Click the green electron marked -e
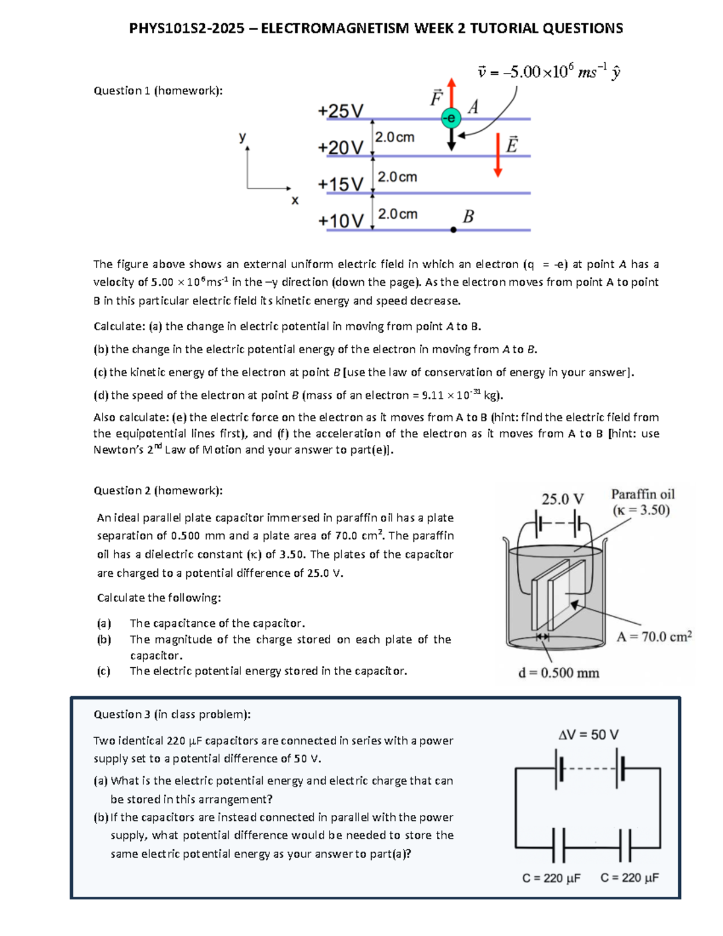click(451, 118)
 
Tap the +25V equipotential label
click(341, 111)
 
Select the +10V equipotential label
click(341, 221)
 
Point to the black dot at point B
click(453, 230)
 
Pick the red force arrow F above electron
click(451, 93)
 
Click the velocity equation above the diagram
click(548, 72)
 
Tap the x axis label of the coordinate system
click(295, 201)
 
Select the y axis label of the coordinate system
click(242, 137)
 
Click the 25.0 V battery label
click(562, 499)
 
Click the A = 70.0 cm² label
click(654, 636)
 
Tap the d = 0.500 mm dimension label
click(559, 673)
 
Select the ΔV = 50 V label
click(588, 734)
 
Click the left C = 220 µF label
click(551, 878)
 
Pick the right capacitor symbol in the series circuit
click(628, 846)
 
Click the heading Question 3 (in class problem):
click(172, 714)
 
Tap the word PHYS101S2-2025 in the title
click(187, 28)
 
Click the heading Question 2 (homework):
click(158, 491)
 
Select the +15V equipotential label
click(341, 184)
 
